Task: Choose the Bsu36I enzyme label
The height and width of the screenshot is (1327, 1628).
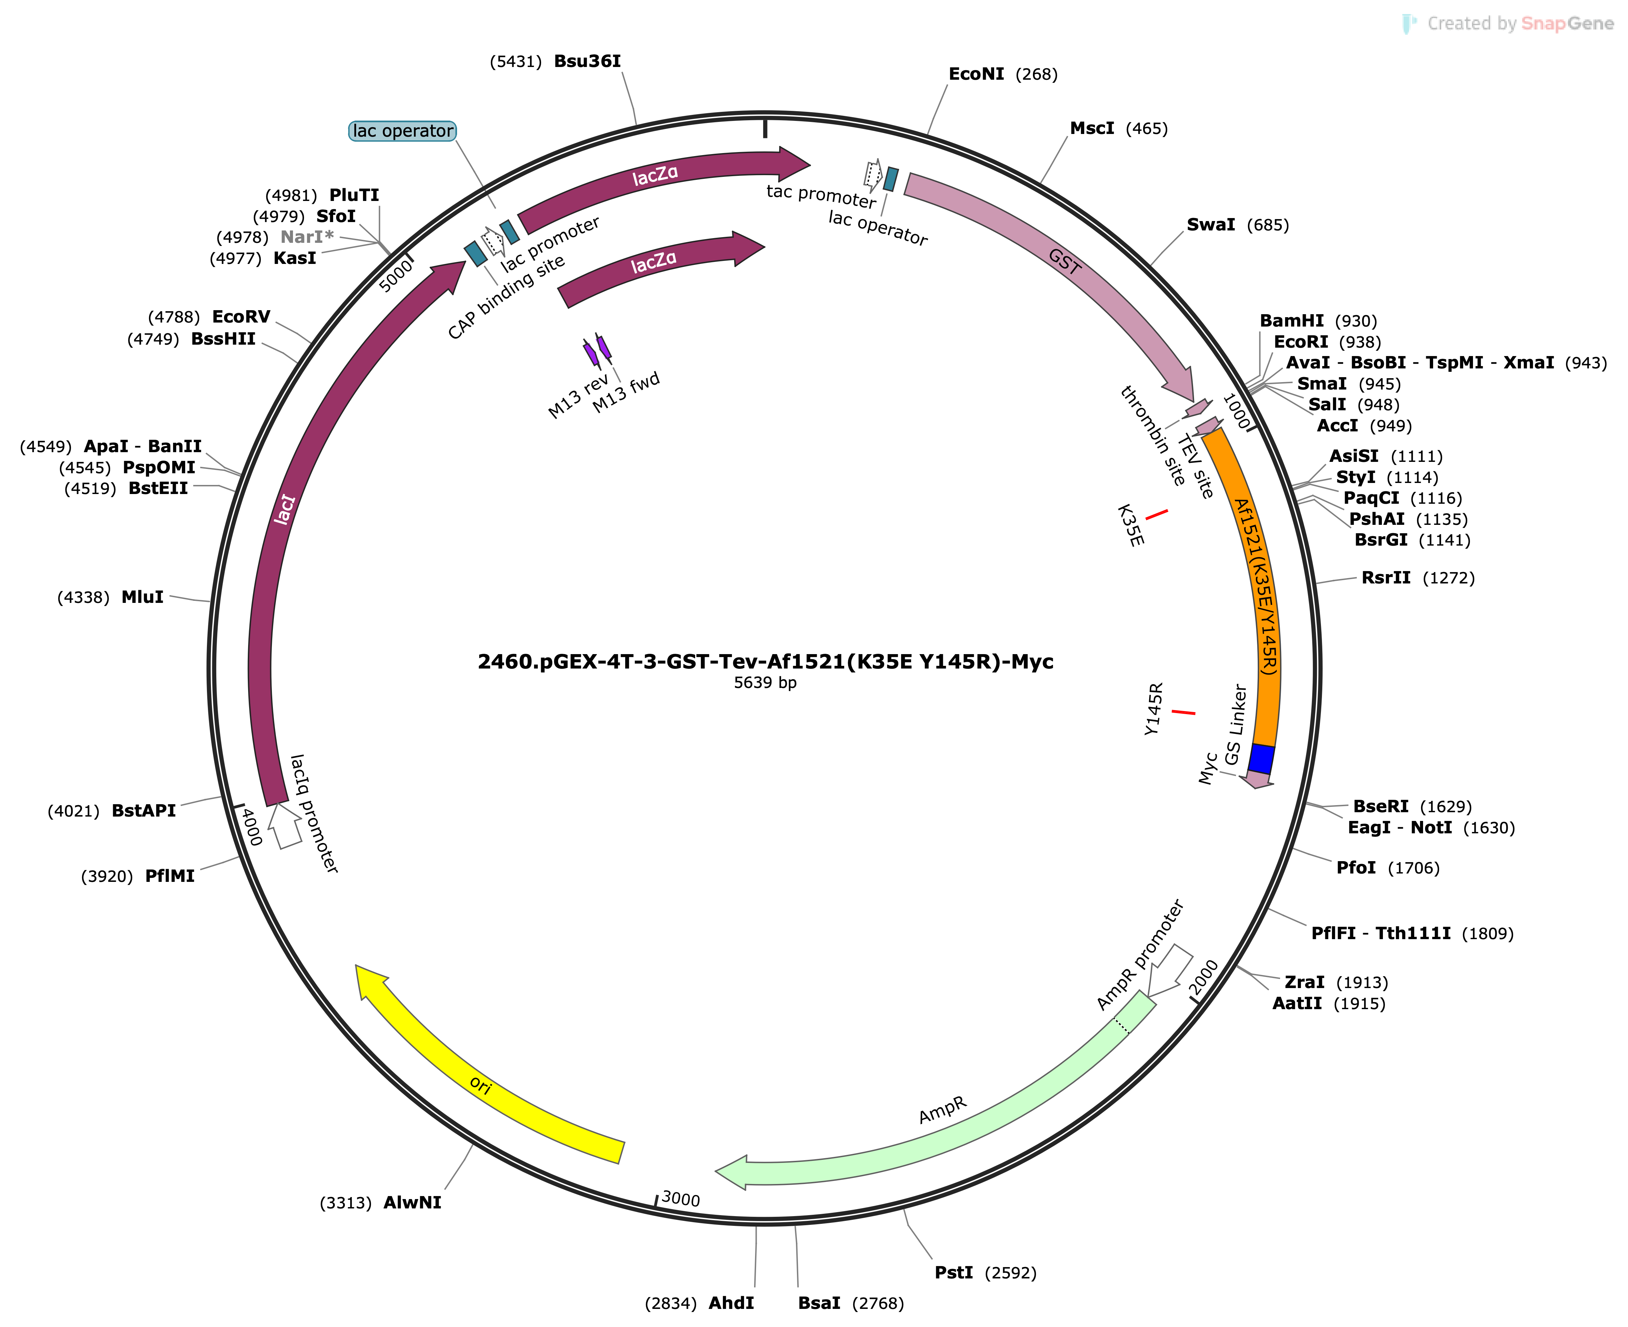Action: tap(587, 61)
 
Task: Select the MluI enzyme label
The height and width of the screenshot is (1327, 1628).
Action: tap(142, 597)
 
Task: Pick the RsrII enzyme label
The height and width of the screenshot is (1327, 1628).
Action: tap(1386, 578)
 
